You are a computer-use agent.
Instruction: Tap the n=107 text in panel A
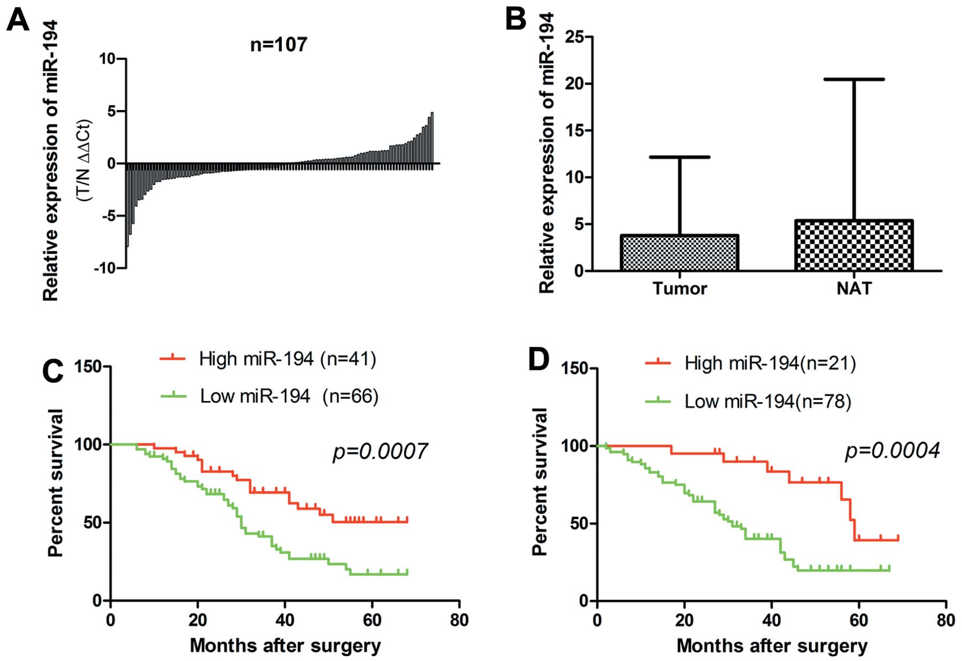279,44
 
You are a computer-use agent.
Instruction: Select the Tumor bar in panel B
679,252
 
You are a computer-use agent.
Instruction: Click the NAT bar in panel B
854,245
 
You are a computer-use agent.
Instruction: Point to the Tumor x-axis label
680,288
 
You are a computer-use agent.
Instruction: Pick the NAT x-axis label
854,288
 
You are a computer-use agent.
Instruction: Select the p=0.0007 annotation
380,451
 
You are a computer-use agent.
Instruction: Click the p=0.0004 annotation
892,451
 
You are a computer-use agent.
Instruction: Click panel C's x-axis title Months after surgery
285,645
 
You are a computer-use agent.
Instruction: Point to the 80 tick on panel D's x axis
946,620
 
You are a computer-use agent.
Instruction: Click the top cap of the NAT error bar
854,79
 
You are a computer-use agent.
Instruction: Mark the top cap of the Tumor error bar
680,157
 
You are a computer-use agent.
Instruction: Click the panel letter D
538,360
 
